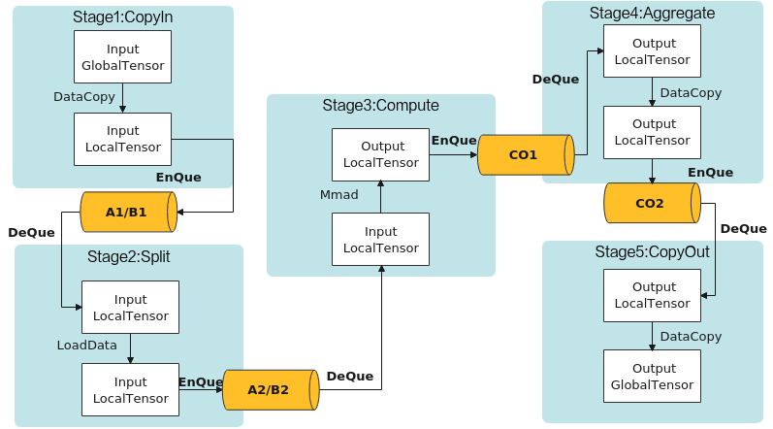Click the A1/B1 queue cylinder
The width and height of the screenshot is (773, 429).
[x=129, y=212]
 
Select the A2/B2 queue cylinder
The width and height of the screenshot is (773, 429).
[x=271, y=390]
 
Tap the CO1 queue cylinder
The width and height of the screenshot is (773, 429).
[x=526, y=155]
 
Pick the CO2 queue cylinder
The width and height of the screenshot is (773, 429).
[x=652, y=203]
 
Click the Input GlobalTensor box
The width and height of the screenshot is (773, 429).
[x=123, y=57]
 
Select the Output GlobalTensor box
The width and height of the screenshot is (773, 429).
[x=652, y=377]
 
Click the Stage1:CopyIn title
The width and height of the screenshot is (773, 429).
[x=123, y=17]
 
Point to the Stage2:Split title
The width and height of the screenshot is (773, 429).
[x=129, y=257]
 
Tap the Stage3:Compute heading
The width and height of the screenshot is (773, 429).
[x=380, y=106]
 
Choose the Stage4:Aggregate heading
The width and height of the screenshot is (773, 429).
[x=652, y=14]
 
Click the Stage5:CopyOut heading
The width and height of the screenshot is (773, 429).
[x=652, y=252]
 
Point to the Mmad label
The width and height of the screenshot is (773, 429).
[x=339, y=195]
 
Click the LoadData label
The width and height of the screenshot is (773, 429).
[x=86, y=346]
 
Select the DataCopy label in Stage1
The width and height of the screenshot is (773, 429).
[x=84, y=97]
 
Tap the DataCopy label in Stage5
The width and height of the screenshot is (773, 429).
[x=691, y=337]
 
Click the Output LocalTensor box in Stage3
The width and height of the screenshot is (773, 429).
[x=380, y=155]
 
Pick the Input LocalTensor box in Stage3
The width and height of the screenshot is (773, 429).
[x=380, y=240]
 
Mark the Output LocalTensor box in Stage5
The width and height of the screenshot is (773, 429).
[x=652, y=295]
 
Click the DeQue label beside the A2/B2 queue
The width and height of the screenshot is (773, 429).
[x=350, y=377]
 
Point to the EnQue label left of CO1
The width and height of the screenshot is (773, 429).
[x=454, y=141]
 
